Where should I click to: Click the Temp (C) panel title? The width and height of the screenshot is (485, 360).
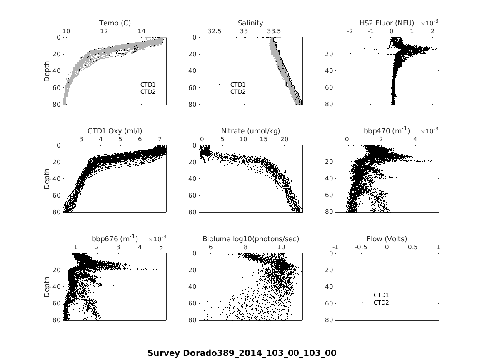click(115, 23)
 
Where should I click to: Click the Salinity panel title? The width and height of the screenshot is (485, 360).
click(250, 23)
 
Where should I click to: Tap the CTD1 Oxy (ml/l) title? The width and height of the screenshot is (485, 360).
click(115, 131)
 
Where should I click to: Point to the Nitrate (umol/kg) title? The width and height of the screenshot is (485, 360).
click(250, 131)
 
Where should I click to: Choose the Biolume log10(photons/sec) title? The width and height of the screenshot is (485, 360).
click(250, 239)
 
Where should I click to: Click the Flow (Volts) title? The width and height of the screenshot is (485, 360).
click(387, 239)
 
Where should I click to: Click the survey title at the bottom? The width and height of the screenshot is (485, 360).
click(242, 353)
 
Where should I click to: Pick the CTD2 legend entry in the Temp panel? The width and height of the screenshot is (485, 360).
click(147, 92)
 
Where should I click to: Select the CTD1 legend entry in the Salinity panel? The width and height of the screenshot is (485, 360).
click(238, 85)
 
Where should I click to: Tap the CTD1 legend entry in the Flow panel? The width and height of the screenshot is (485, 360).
click(381, 295)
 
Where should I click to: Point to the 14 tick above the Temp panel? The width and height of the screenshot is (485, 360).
click(142, 31)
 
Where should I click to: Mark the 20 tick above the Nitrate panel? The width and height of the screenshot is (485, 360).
click(284, 139)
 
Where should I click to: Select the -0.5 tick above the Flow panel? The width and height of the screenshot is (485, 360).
click(361, 247)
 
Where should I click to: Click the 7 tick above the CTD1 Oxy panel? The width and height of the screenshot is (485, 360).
click(160, 139)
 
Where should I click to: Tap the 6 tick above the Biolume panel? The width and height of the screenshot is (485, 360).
click(210, 247)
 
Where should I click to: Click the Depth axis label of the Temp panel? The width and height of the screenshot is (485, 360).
click(47, 70)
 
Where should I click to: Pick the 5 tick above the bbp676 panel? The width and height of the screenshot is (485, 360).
click(161, 247)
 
